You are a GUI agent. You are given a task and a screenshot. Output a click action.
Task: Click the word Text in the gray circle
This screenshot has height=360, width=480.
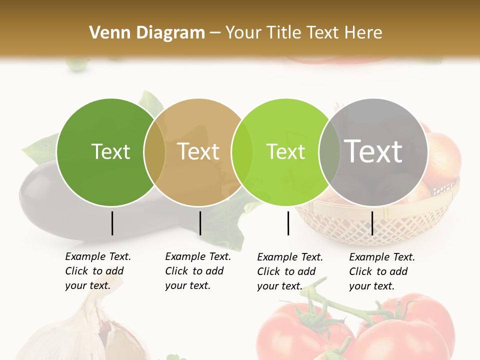tap(373, 151)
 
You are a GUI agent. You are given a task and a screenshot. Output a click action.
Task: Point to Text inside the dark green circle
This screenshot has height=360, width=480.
tap(110, 151)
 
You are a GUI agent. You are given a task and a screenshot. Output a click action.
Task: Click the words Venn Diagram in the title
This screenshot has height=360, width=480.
tap(147, 32)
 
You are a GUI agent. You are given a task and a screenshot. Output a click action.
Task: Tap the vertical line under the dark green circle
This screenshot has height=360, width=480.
tap(112, 223)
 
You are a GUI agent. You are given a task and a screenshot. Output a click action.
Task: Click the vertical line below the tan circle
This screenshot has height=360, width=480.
tap(200, 223)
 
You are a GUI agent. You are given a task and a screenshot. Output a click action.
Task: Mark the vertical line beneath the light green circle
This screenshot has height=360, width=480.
tap(288, 223)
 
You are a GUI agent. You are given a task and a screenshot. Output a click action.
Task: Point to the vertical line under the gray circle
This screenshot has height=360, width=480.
tap(372, 223)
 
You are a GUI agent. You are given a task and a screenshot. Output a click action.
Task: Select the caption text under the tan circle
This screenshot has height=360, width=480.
tap(197, 271)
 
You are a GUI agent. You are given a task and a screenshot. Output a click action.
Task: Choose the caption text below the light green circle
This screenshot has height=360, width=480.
tap(289, 271)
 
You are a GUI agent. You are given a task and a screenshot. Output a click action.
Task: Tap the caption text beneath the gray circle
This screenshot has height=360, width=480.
tap(381, 271)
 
